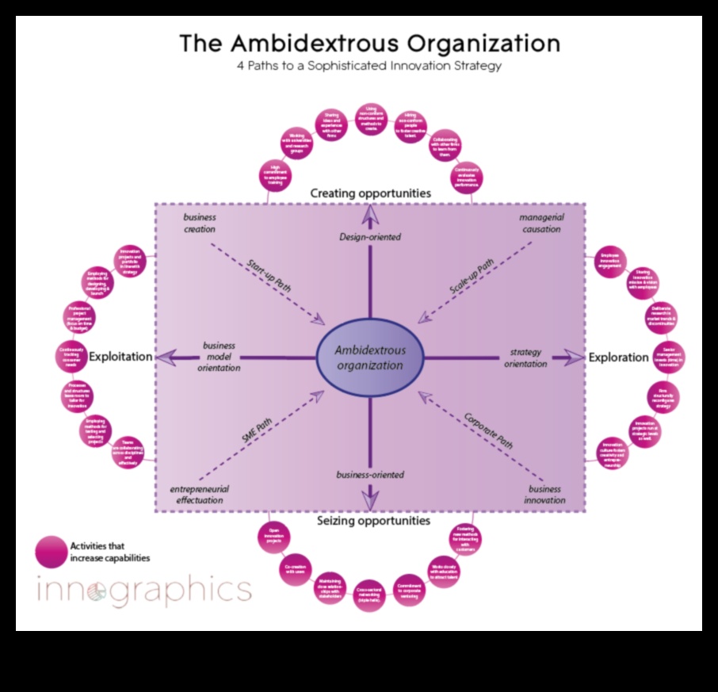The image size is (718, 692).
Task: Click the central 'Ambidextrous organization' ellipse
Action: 369,358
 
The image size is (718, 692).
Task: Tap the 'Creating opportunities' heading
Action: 370,193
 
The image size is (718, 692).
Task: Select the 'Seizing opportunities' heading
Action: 373,521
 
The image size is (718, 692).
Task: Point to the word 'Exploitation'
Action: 120,357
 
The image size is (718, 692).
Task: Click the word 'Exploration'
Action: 618,357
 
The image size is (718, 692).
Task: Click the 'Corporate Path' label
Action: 489,430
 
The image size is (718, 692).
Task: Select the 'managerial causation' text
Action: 540,223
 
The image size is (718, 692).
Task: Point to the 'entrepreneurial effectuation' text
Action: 200,495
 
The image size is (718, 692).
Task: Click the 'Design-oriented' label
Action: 370,236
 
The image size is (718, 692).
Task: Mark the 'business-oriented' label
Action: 369,475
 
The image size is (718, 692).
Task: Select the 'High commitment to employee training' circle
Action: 274,174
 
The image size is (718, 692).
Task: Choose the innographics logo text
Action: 144,591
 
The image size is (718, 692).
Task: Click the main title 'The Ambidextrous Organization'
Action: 369,42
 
